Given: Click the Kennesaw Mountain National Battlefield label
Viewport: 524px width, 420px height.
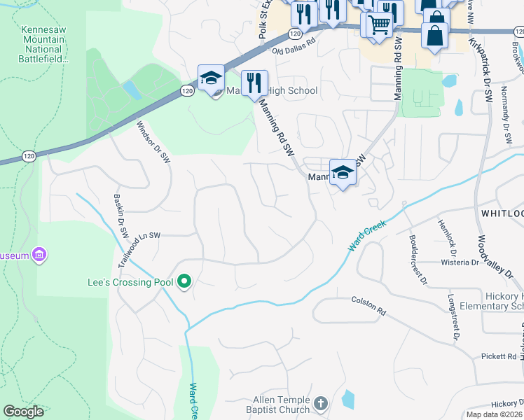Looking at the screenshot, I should (x=44, y=45).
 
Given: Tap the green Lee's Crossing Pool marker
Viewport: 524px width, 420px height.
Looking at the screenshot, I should (x=185, y=282).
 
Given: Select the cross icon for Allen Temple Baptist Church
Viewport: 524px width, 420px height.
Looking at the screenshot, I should (x=321, y=404).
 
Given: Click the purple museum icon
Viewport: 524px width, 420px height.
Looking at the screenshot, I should (x=40, y=255).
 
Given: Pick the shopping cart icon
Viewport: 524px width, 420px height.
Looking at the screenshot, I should (x=379, y=24).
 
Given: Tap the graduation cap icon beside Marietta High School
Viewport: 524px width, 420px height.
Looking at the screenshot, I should (x=210, y=79).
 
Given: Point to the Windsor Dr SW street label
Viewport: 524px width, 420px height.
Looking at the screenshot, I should (x=153, y=143).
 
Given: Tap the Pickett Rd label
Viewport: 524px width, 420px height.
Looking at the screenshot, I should (x=499, y=356).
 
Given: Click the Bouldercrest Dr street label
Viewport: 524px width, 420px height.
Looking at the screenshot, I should (x=418, y=256).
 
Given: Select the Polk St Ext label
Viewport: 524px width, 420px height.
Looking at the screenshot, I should (x=263, y=21).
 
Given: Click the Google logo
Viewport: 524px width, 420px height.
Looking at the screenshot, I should (x=23, y=412).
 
